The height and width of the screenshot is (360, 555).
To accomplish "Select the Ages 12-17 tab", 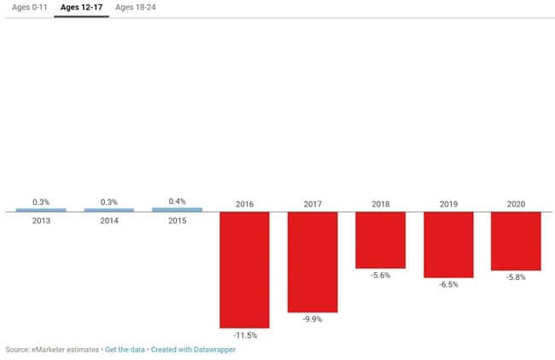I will coord(81,8).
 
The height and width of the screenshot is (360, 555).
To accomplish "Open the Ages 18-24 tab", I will coord(135,8).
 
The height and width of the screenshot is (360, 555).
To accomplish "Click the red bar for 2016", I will coord(244,270).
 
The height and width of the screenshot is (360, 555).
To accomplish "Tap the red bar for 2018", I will coord(380,240).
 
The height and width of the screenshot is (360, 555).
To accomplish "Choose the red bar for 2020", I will coord(516,241).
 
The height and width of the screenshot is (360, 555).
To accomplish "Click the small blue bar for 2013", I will coord(41,210).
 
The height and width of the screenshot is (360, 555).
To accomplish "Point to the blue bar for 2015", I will coord(177,209).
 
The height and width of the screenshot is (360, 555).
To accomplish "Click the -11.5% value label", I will coord(244,336).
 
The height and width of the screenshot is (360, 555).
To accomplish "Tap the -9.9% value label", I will coord(312,320).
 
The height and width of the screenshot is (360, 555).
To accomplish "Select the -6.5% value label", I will coord(448,285).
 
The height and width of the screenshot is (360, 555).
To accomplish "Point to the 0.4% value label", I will coord(177,201).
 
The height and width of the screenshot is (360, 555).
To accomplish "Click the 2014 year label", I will coord(108,220).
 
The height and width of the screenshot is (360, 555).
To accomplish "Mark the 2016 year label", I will coord(244,205).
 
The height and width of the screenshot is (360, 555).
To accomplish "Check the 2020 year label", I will coord(516,205).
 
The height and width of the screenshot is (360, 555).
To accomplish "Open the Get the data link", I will coord(125,350).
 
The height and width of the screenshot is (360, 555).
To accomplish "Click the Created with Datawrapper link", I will coord(193,350).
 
